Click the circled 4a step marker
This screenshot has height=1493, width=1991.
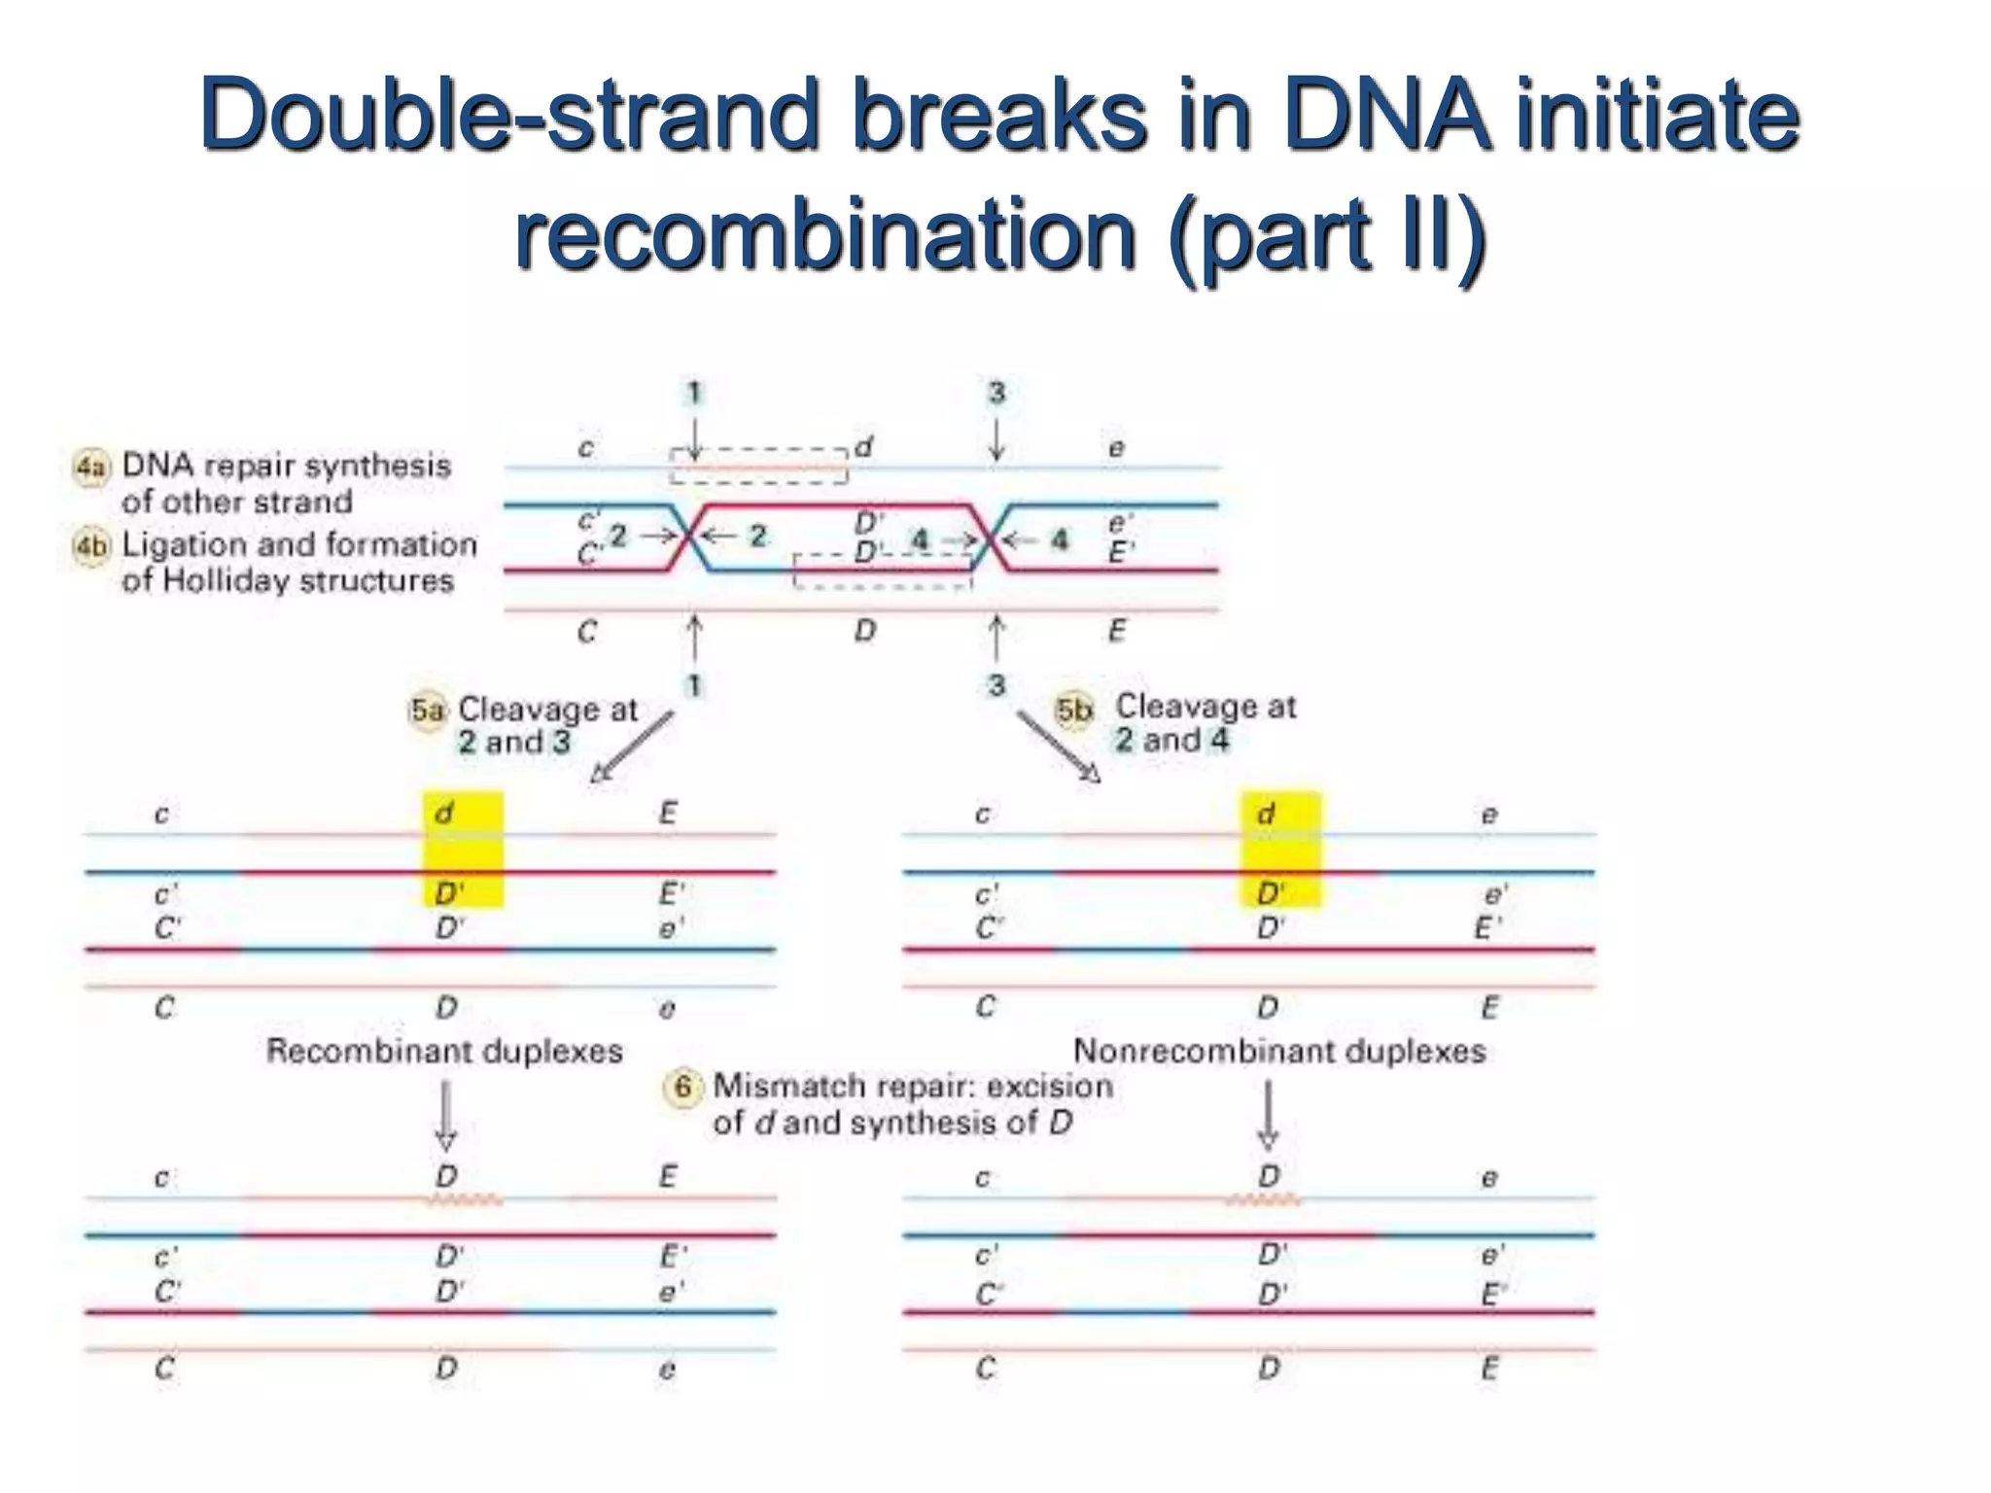(x=90, y=468)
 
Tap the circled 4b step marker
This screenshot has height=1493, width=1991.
(x=90, y=546)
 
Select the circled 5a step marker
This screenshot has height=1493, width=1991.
(x=427, y=711)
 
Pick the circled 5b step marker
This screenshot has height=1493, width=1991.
(x=1073, y=711)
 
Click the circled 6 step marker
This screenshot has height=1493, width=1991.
(x=682, y=1087)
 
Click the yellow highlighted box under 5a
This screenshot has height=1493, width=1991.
(x=463, y=849)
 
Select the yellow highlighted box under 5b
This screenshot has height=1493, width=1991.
(x=1280, y=849)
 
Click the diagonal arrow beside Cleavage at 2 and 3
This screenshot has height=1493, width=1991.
(x=633, y=746)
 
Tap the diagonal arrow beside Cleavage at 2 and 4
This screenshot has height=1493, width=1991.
(x=1059, y=746)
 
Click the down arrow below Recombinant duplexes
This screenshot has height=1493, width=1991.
(x=445, y=1116)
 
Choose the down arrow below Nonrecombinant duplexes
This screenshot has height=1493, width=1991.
(x=1268, y=1116)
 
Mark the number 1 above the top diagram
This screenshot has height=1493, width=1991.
(x=694, y=394)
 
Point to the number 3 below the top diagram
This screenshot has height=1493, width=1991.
(x=996, y=686)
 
